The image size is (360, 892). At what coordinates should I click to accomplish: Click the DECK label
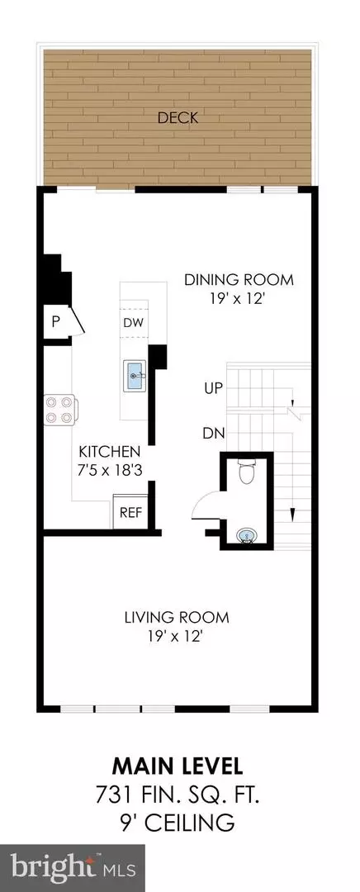coord(178,118)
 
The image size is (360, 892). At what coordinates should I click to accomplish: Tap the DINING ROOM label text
coord(239,280)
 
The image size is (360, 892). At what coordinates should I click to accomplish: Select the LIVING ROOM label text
coord(177,617)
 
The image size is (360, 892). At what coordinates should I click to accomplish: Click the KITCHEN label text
coord(109,452)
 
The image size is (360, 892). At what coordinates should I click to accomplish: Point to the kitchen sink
coord(135,376)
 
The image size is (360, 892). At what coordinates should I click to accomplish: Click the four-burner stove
coord(59,410)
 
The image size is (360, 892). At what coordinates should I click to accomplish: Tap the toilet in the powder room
coord(247,472)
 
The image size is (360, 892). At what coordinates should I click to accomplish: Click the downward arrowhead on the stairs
coord(293,515)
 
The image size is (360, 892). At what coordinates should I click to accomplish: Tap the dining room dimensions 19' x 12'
coord(239,299)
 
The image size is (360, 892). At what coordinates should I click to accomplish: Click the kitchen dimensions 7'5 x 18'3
coord(109,470)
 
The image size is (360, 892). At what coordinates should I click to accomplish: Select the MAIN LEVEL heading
coord(178,766)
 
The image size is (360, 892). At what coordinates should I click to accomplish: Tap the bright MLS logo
coord(72,868)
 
